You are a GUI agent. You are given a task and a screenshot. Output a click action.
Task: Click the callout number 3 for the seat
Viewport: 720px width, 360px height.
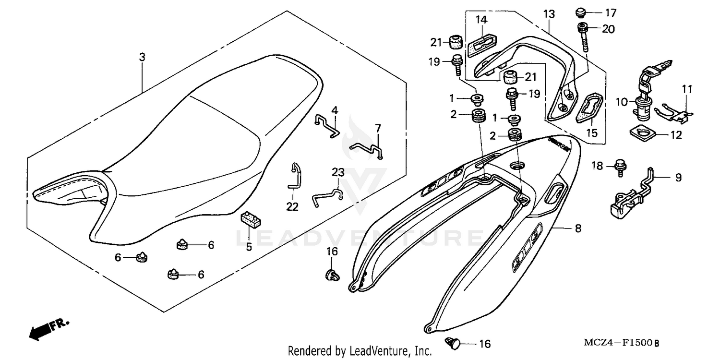pos(142,57)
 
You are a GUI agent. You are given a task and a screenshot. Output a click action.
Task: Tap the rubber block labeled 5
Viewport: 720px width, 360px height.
pos(250,220)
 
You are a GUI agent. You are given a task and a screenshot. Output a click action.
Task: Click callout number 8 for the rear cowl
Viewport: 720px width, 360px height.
pos(578,229)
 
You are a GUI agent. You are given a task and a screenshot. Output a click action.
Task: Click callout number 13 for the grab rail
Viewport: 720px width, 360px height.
pos(549,14)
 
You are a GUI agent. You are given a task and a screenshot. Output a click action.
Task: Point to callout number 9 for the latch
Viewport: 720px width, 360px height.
pos(678,178)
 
